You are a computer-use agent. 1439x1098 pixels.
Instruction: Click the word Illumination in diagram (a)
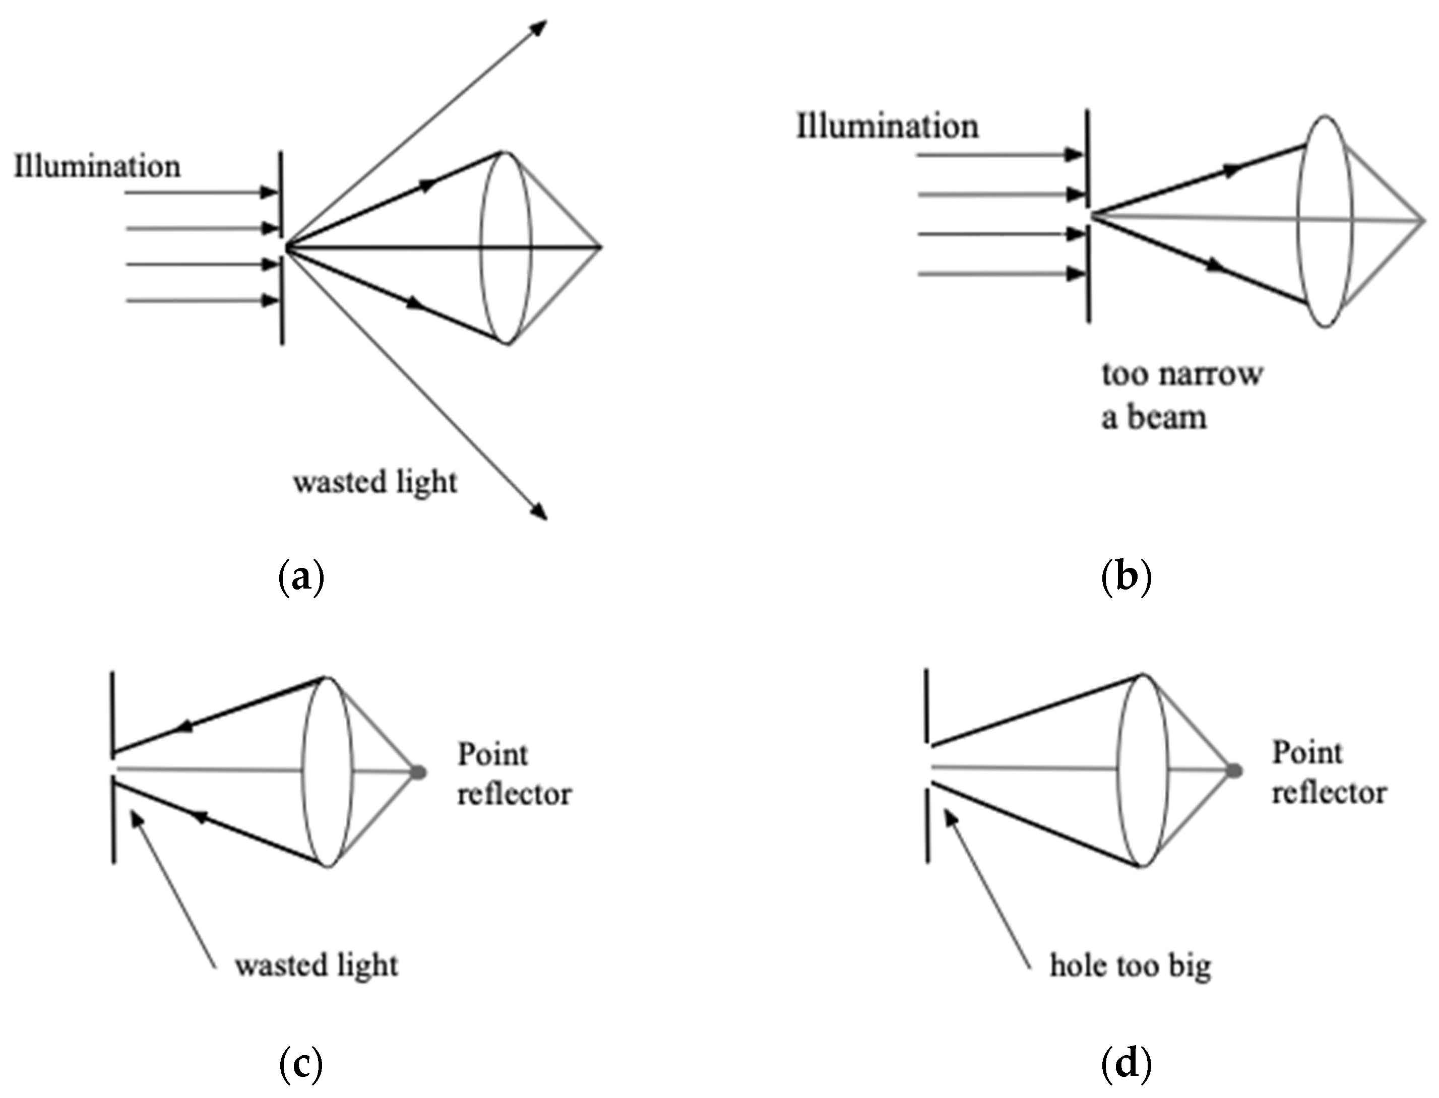click(97, 167)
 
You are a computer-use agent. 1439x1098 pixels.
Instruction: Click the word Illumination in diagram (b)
click(887, 126)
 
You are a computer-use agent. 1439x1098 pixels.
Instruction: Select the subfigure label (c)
click(301, 1065)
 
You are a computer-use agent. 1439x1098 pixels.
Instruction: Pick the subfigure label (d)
click(1126, 1065)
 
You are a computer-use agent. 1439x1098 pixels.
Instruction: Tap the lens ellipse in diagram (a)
click(507, 248)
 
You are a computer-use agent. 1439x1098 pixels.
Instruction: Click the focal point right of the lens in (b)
click(1423, 221)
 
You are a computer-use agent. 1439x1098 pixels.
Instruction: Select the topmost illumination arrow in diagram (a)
click(203, 193)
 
